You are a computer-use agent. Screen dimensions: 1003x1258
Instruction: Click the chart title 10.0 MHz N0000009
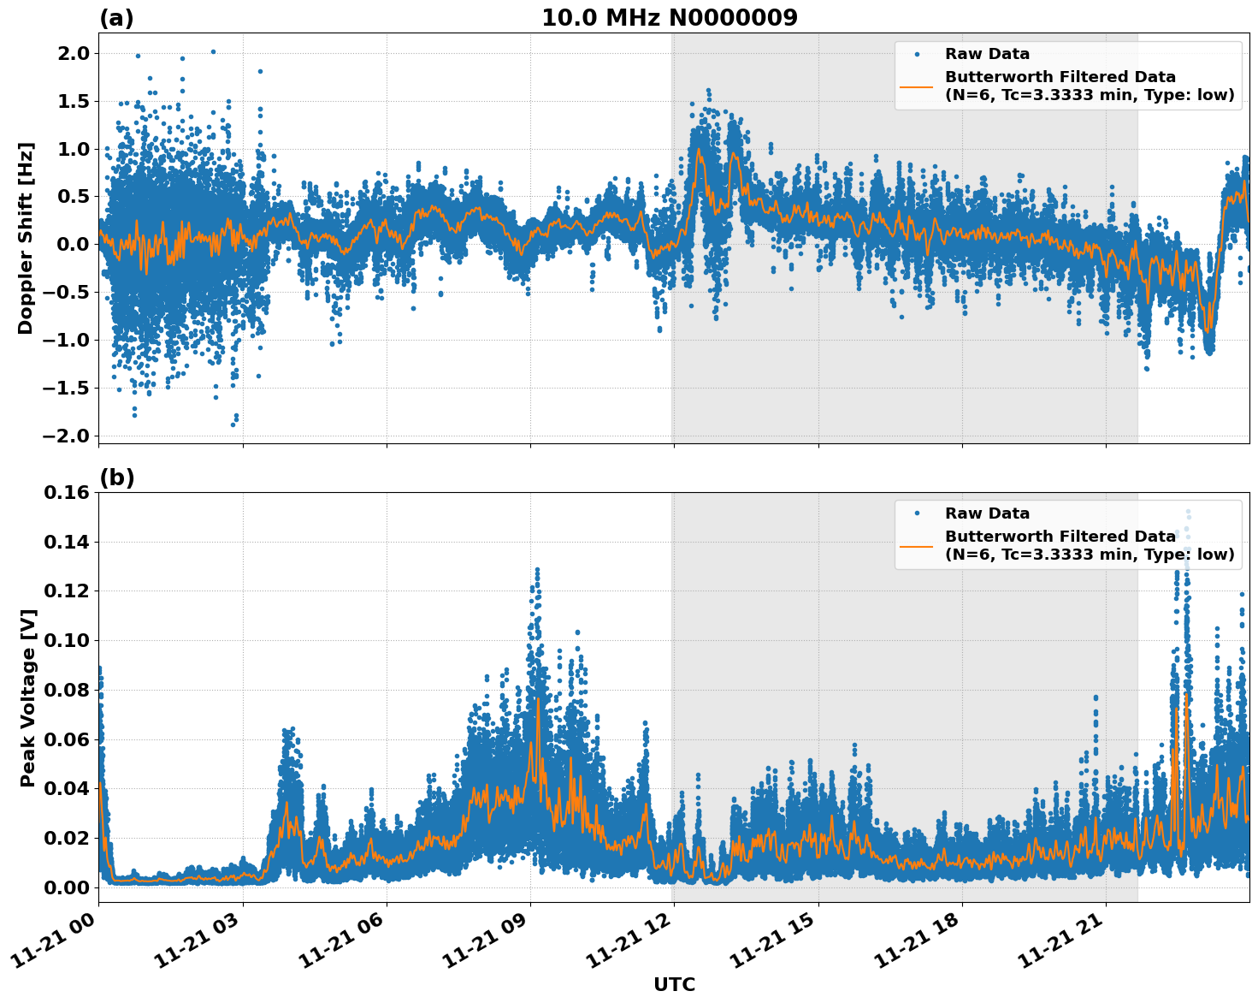(x=669, y=18)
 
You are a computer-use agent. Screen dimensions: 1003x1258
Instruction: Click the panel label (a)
(x=116, y=18)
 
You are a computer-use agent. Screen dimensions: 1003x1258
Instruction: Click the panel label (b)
(x=116, y=478)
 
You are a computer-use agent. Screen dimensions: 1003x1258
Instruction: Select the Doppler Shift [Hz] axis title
(x=25, y=238)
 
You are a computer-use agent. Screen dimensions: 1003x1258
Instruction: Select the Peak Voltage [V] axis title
(x=27, y=697)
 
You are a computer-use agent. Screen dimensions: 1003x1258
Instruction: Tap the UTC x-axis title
(x=674, y=984)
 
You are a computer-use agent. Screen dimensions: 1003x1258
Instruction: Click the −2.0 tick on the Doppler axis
(x=65, y=436)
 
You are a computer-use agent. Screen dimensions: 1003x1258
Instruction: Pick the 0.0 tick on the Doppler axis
(x=72, y=245)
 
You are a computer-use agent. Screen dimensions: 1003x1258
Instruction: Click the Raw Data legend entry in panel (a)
(x=987, y=54)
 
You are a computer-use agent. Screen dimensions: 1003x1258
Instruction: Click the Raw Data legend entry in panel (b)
(x=987, y=513)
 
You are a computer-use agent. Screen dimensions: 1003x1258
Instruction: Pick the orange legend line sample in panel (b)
(x=917, y=545)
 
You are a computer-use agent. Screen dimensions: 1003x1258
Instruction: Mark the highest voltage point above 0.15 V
(x=1188, y=512)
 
